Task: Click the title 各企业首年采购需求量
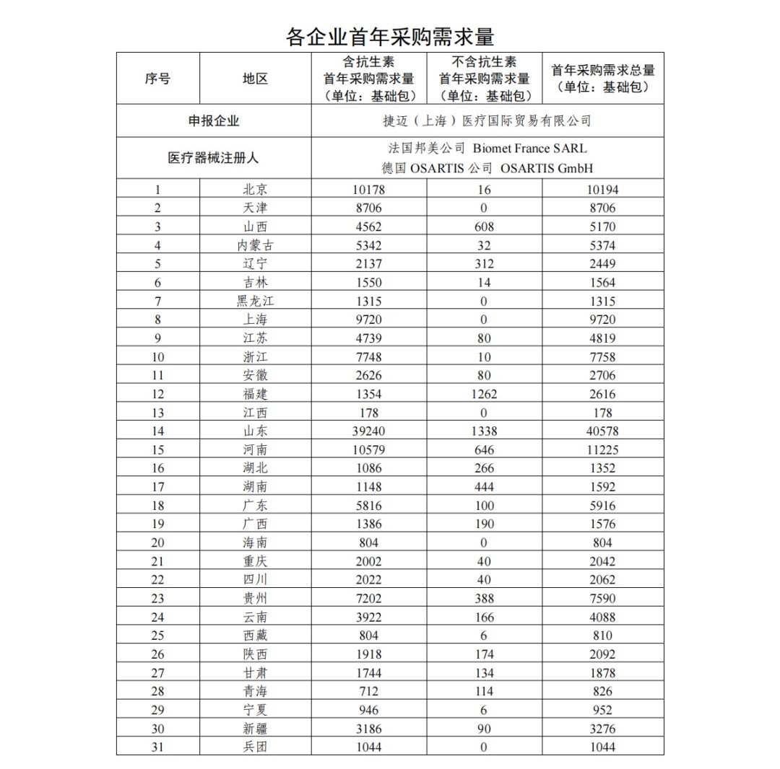390,35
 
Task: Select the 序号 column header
157,79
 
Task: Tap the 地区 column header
255,79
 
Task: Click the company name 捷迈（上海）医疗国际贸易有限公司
487,120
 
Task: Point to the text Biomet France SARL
529,149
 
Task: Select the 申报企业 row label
214,120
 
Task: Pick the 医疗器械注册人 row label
214,157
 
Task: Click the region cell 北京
255,190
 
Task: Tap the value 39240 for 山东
368,431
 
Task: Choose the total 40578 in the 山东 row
602,431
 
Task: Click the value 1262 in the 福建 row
484,394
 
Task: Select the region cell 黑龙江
255,301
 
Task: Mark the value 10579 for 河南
368,450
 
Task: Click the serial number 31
157,747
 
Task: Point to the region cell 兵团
255,747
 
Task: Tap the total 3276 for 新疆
602,729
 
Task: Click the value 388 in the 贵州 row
484,599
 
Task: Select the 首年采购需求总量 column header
602,78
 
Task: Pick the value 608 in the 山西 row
484,227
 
